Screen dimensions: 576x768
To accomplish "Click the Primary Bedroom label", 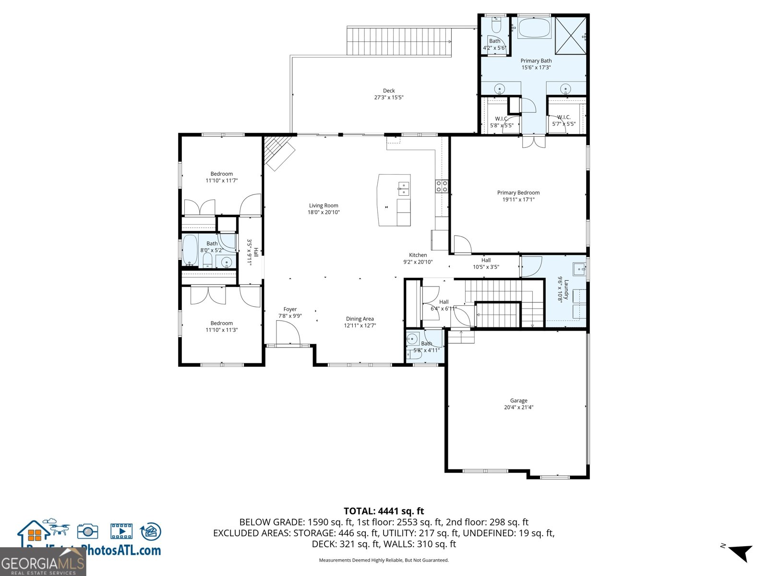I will (518, 192).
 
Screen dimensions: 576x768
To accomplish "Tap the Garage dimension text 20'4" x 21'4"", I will (518, 408).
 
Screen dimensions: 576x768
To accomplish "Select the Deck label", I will (389, 91).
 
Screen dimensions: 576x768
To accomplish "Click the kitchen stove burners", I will (442, 186).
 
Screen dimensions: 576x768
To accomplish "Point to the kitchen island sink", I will (404, 189).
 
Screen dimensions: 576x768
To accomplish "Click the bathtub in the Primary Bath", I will (535, 28).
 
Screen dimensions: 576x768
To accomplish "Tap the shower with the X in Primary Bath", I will (571, 36).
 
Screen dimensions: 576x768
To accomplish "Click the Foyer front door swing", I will (288, 333).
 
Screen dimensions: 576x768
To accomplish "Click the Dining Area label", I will (360, 319).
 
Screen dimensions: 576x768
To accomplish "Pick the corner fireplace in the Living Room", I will (280, 152).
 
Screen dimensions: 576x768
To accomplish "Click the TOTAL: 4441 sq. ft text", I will (384, 511).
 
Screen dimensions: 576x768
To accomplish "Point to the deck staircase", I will (399, 41).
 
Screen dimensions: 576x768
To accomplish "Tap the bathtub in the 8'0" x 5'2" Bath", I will (190, 250).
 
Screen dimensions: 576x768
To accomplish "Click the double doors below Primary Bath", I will (533, 142).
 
